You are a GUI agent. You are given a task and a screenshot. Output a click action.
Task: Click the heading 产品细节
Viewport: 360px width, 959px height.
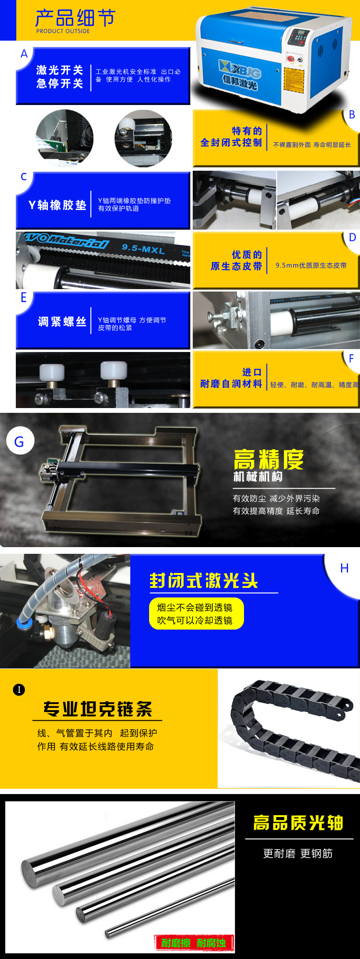click(75, 18)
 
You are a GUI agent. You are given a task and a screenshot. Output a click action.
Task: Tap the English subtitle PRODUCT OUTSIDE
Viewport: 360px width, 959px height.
click(63, 31)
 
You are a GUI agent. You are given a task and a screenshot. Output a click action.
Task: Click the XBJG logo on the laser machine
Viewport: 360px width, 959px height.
click(240, 72)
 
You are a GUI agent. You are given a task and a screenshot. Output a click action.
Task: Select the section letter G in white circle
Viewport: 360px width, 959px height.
click(19, 442)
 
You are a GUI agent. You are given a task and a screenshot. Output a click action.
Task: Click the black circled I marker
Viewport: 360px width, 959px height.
click(19, 690)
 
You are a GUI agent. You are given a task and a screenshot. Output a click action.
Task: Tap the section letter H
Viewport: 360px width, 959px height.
click(344, 568)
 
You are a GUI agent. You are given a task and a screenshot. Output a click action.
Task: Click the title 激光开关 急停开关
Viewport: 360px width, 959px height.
click(59, 77)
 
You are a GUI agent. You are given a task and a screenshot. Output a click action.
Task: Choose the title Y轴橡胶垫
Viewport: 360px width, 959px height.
click(58, 205)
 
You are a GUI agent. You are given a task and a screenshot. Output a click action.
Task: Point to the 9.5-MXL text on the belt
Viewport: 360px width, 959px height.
click(143, 248)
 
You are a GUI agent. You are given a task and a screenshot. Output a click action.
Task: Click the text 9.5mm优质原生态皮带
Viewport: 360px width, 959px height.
click(311, 265)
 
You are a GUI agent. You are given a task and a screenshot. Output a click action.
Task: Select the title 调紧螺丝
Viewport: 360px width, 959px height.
click(62, 322)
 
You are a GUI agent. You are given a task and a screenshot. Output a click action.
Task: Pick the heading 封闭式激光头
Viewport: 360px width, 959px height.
click(204, 581)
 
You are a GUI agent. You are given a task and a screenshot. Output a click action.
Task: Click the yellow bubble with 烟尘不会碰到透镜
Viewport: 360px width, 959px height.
click(197, 614)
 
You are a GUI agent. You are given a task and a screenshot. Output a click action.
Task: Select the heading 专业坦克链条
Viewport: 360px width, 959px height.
click(98, 709)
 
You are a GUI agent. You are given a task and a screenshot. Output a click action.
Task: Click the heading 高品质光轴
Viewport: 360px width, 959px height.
click(298, 823)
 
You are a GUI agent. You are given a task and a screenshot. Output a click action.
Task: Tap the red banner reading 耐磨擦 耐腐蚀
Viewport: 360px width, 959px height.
click(194, 943)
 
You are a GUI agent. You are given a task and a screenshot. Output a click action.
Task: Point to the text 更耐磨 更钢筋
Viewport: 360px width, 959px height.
click(298, 854)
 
